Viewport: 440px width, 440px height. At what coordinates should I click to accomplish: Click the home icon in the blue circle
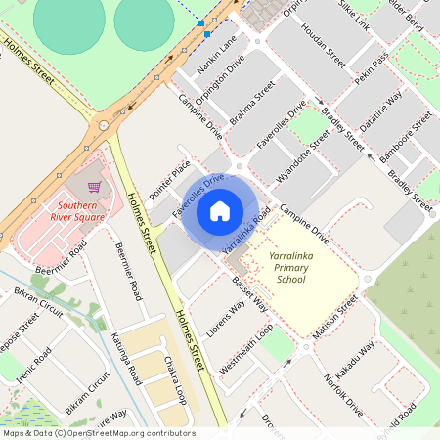tap(220, 210)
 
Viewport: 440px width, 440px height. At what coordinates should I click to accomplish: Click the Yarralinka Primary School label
tap(289, 266)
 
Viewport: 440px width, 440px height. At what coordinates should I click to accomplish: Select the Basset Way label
tap(250, 293)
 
